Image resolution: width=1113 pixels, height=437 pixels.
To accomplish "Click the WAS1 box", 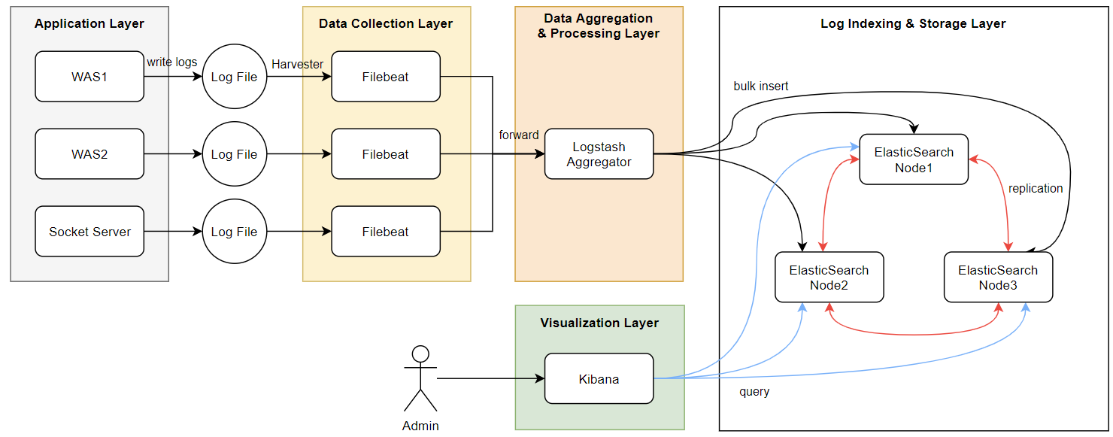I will point(89,77).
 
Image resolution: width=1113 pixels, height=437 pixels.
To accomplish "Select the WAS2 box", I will point(89,154).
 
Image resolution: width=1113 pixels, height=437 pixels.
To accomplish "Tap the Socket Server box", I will point(89,232).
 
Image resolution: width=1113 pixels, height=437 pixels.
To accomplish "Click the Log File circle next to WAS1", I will point(234,77).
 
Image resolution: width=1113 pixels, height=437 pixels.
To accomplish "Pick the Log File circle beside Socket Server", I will point(234,232).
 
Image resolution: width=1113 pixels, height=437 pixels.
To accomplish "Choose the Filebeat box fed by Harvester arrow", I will point(385,77).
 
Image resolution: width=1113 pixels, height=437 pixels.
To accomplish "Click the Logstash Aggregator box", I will point(599,154).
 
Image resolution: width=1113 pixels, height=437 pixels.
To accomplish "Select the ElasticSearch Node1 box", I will point(914,159).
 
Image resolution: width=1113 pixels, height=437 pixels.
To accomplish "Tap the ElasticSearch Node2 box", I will point(829,278).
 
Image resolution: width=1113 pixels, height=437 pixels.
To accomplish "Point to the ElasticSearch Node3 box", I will point(998,278).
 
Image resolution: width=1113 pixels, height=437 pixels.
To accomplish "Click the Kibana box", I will point(599,379).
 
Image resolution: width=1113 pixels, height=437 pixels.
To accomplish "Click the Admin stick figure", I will point(420,379).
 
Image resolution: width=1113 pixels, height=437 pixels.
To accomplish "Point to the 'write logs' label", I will point(172,62).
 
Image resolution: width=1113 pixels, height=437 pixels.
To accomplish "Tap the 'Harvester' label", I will point(297,64).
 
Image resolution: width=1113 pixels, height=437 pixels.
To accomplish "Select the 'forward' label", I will point(519,135).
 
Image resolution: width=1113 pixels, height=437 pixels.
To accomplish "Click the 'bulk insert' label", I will point(761,86).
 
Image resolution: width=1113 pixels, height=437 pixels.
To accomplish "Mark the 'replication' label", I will point(1036,189).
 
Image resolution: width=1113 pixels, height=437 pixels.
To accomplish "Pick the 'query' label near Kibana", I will point(754,392).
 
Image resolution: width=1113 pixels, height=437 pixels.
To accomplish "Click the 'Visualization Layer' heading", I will point(599,323).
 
